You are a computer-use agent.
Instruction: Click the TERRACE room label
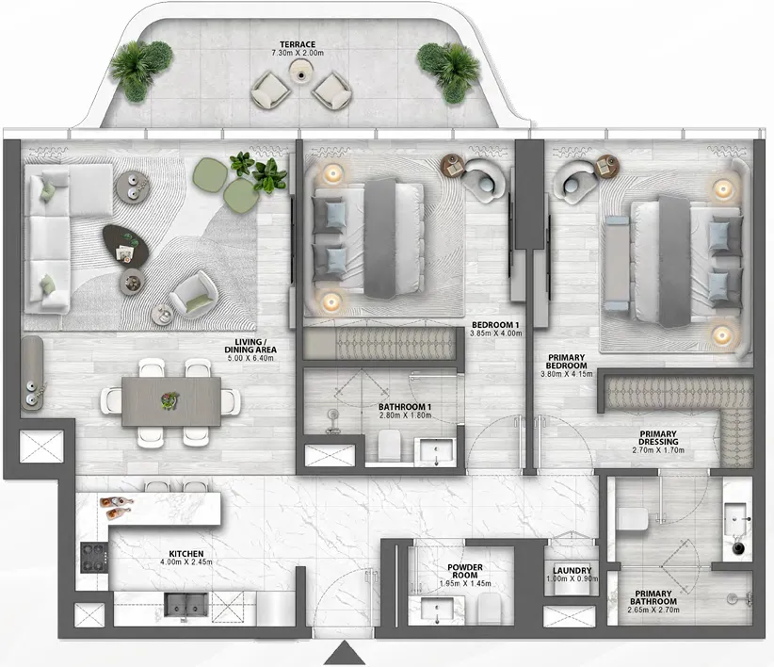(x=297, y=43)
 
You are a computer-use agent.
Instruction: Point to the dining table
(x=172, y=399)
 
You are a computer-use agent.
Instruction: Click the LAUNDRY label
(x=572, y=571)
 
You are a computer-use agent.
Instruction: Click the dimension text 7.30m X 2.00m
(x=297, y=54)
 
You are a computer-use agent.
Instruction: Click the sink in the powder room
(x=441, y=611)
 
